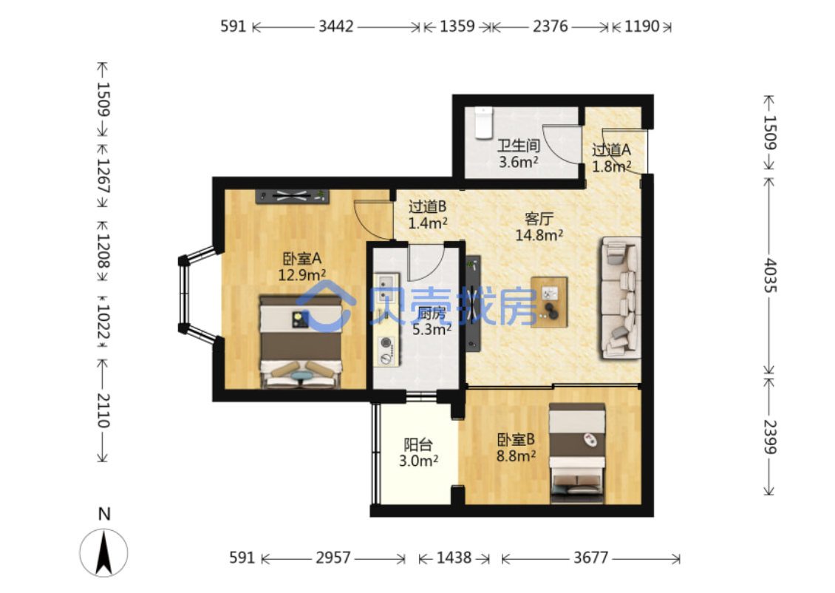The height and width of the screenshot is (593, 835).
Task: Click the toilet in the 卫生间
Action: (483, 123)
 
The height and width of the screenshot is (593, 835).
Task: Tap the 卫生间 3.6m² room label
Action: (518, 154)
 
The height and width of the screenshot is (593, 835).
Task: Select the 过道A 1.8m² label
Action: (611, 157)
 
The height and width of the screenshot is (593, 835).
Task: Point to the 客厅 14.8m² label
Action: (539, 226)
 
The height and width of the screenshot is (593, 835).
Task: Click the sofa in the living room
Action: (621, 298)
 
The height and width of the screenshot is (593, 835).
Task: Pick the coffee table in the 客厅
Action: (549, 302)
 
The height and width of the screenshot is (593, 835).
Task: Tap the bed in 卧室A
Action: (301, 342)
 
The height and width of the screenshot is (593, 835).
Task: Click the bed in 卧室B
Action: (577, 453)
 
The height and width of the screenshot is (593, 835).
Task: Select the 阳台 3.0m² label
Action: (418, 453)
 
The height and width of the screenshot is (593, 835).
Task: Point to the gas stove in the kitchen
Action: (386, 350)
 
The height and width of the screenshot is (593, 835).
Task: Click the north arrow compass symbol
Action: (104, 552)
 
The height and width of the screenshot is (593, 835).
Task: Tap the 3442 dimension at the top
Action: (336, 26)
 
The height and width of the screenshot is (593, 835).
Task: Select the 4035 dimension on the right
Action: (770, 276)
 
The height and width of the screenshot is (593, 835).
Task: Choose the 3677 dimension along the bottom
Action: (590, 558)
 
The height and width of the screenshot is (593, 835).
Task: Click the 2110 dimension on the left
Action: (103, 410)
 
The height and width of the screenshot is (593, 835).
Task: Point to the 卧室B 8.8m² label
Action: (516, 447)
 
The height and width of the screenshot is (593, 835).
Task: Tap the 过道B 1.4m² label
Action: (428, 214)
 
